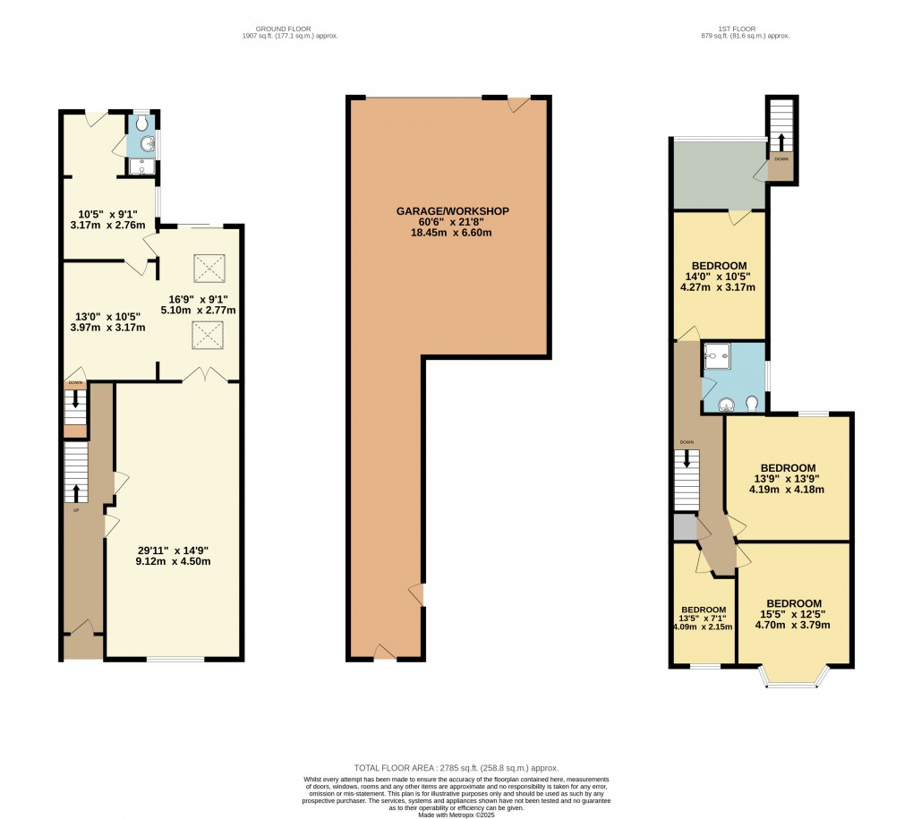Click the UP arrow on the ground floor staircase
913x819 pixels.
pos(75,493)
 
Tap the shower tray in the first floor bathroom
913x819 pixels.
pos(717,357)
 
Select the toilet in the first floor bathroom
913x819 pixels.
pos(751,403)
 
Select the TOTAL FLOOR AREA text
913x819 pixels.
pos(456,768)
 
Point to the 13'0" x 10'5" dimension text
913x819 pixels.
pos(108,321)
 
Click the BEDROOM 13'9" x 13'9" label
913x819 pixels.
pos(788,478)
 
